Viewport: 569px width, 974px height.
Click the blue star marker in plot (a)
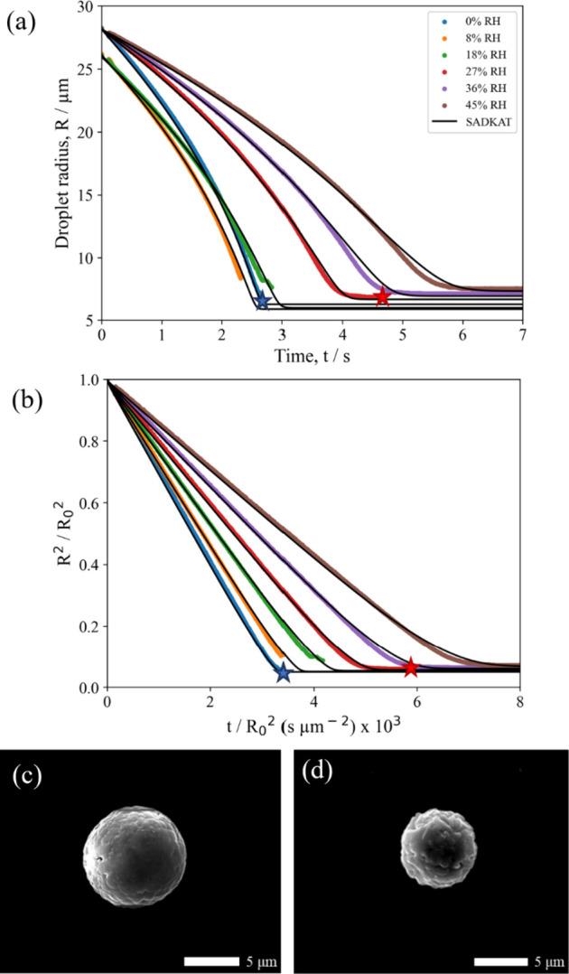coord(262,301)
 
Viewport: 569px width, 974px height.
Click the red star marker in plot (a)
coord(382,297)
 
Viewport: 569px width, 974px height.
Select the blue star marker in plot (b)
coord(283,672)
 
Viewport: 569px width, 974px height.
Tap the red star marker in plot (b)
coord(411,668)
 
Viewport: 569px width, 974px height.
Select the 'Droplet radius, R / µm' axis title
coord(64,164)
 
